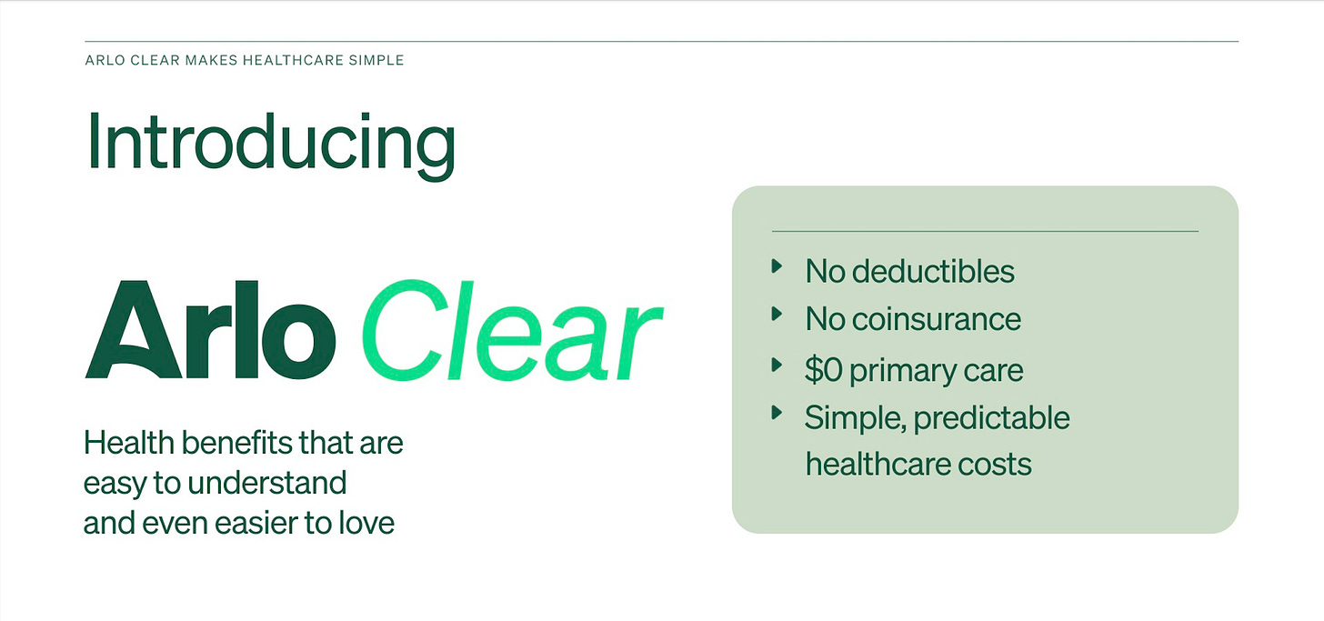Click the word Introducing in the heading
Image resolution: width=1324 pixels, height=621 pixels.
(270, 143)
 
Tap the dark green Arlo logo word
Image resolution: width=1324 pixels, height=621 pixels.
(210, 330)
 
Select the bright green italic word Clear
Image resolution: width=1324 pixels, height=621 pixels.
(513, 330)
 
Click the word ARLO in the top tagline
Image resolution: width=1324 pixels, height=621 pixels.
(104, 61)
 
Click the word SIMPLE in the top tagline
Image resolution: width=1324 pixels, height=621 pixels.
(376, 61)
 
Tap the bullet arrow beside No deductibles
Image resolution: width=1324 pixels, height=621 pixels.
(777, 266)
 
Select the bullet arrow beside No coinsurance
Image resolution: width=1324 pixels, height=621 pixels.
(777, 314)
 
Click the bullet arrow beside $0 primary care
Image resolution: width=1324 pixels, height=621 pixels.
(777, 365)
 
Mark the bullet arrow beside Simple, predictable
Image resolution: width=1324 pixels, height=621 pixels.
(777, 413)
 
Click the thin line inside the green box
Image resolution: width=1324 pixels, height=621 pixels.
(985, 231)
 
